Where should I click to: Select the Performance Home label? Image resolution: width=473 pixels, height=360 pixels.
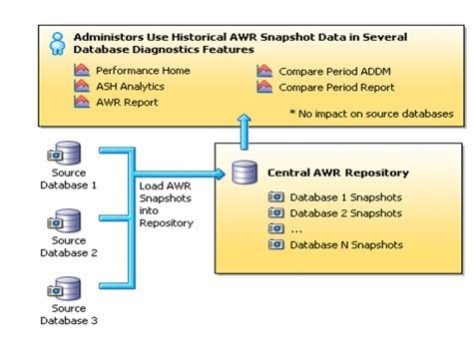[143, 72]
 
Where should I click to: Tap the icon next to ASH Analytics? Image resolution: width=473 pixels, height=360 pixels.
[82, 88]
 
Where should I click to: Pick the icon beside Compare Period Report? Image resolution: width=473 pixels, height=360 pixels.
[264, 88]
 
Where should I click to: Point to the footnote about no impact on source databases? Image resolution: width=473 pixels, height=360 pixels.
[370, 114]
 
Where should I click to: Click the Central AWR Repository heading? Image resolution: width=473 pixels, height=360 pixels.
[337, 173]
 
